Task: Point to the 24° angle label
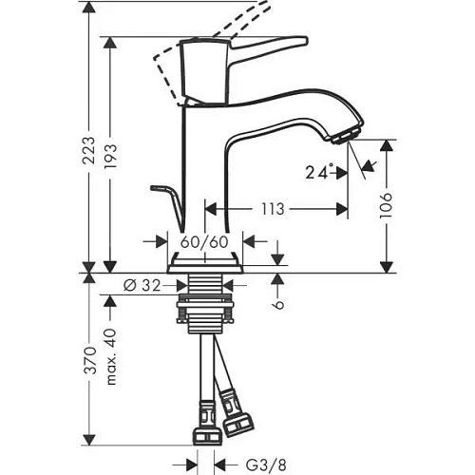(x=320, y=173)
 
